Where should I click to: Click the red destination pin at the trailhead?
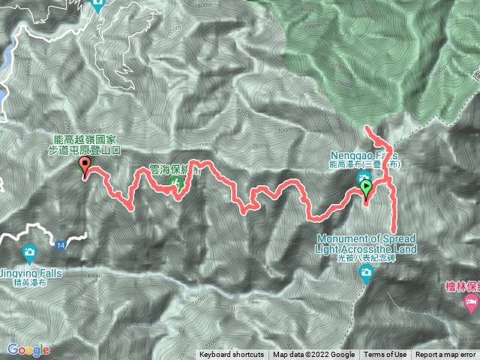click(84, 166)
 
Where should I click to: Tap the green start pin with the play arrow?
click(366, 187)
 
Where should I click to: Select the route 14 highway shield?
click(60, 244)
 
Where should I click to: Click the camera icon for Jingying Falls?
click(28, 250)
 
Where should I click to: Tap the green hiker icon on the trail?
click(178, 181)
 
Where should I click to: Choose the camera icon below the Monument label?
click(366, 274)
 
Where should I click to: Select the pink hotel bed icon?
click(471, 304)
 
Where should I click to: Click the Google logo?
click(28, 349)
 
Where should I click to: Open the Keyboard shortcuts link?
click(232, 355)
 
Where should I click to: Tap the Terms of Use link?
click(385, 355)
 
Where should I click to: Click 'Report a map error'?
click(446, 355)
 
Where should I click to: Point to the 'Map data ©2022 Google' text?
click(313, 355)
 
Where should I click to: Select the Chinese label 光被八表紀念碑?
click(366, 259)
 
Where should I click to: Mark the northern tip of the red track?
click(367, 129)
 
